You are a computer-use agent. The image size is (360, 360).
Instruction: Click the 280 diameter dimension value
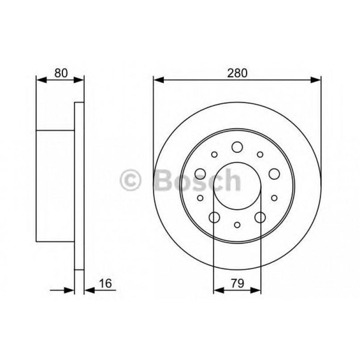[237, 73]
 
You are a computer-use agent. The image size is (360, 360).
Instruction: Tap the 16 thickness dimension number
[106, 283]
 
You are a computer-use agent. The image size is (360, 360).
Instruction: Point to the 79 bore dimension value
[237, 283]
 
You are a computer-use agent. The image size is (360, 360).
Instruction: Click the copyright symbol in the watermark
[131, 180]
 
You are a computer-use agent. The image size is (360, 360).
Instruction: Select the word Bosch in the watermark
[197, 180]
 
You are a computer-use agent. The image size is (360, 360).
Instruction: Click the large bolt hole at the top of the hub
[237, 147]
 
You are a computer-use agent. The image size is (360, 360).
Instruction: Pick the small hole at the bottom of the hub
[237, 224]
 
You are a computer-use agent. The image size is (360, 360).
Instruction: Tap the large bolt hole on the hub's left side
[200, 174]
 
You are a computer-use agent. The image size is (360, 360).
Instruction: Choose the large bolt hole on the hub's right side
[274, 174]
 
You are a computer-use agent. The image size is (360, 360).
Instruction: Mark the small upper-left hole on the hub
[214, 154]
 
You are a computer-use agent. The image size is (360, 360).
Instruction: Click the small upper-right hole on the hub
[260, 154]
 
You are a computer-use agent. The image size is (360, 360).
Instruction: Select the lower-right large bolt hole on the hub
[260, 217]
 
